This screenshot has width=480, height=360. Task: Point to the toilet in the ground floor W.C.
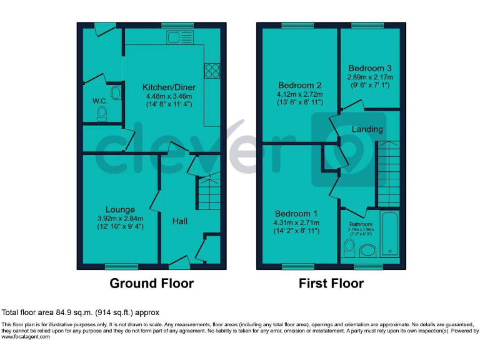pyautogui.click(x=102, y=113)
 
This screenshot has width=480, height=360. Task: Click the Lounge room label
pyautogui.click(x=120, y=209)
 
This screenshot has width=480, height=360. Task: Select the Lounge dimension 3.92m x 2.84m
pyautogui.click(x=120, y=218)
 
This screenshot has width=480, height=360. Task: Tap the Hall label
pyautogui.click(x=180, y=221)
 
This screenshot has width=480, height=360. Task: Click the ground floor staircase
pyautogui.click(x=209, y=192)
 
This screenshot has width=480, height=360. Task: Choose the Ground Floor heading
pyautogui.click(x=151, y=283)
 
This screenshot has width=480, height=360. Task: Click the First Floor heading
pyautogui.click(x=331, y=283)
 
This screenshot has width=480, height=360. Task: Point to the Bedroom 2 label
pyautogui.click(x=299, y=86)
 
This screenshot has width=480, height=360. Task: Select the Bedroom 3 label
pyautogui.click(x=370, y=68)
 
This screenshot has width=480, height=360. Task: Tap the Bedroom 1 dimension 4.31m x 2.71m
pyautogui.click(x=296, y=222)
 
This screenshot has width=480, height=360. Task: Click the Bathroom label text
pyautogui.click(x=361, y=224)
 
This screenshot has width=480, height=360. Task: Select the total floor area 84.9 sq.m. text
pyautogui.click(x=81, y=312)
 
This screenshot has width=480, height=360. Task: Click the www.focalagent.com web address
pyautogui.click(x=27, y=336)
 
